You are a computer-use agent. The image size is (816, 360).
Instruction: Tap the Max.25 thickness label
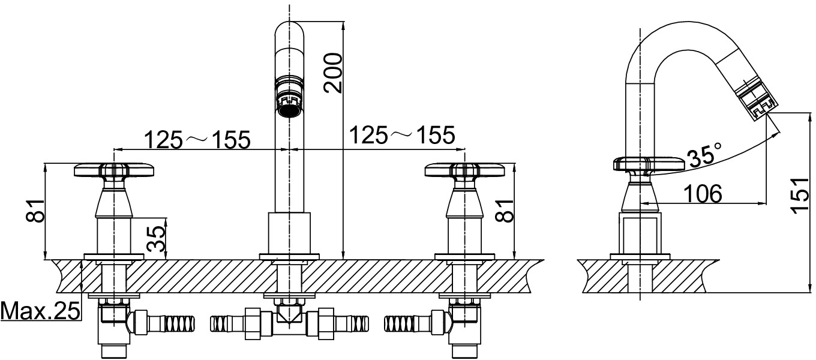click(x=40, y=311)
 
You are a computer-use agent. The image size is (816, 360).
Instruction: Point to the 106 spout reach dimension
click(x=703, y=194)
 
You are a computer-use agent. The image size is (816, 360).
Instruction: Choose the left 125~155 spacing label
click(x=198, y=140)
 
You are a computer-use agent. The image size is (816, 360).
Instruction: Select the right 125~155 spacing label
click(x=402, y=135)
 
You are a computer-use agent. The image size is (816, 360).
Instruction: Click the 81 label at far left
click(x=35, y=211)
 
